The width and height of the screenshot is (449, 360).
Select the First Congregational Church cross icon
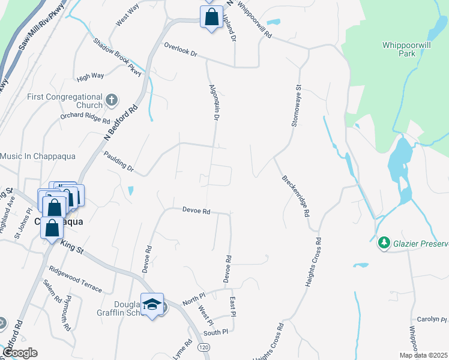[111, 100]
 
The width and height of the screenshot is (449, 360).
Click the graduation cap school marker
[152, 304]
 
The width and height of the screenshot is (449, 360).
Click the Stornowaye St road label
[295, 105]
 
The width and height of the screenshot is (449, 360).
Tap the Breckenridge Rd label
[295, 196]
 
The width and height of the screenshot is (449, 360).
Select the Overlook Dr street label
[181, 49]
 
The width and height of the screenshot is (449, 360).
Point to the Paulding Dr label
[118, 163]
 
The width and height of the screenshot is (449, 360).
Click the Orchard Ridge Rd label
[85, 117]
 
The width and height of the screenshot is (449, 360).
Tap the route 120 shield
[204, 347]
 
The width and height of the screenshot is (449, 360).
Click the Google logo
[20, 353]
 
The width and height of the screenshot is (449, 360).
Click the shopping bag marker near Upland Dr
[211, 17]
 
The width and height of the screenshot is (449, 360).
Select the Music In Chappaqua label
[38, 157]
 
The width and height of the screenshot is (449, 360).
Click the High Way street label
[91, 77]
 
